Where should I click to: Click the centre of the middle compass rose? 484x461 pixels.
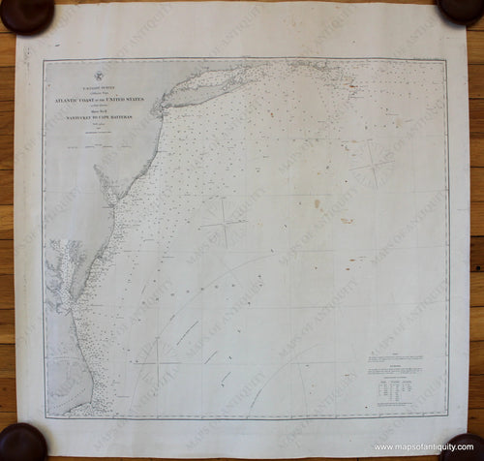(224, 222)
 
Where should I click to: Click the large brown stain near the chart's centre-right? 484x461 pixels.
(315, 204)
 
